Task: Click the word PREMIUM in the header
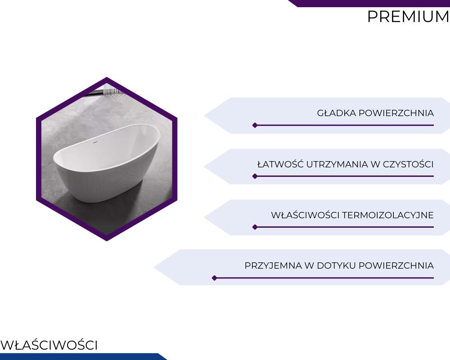click(x=409, y=17)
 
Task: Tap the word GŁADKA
click(x=336, y=113)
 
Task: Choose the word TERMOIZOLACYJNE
click(x=388, y=215)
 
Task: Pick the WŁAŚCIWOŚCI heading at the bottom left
click(x=49, y=345)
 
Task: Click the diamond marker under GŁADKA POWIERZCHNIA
click(x=255, y=125)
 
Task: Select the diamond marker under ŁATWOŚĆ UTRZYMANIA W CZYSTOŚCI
click(x=255, y=176)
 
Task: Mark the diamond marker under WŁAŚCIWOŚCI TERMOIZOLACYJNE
click(x=255, y=227)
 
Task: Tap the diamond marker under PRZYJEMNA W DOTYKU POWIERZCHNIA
click(x=214, y=278)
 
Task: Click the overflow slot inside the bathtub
click(x=95, y=142)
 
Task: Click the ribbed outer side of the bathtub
click(x=100, y=184)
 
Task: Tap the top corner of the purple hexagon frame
click(x=107, y=77)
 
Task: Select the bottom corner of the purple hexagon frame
click(x=107, y=241)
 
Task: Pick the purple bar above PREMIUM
click(x=369, y=3)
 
